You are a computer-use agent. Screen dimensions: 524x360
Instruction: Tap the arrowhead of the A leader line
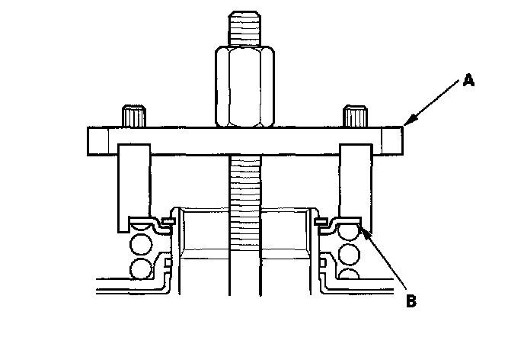tap(405, 124)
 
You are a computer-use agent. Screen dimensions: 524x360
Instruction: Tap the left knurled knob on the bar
tap(133, 117)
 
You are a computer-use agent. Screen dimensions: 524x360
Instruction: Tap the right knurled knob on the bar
tap(354, 117)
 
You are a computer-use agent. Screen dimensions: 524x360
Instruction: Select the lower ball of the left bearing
tap(142, 269)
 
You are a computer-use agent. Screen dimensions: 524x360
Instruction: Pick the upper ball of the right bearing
tap(350, 252)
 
